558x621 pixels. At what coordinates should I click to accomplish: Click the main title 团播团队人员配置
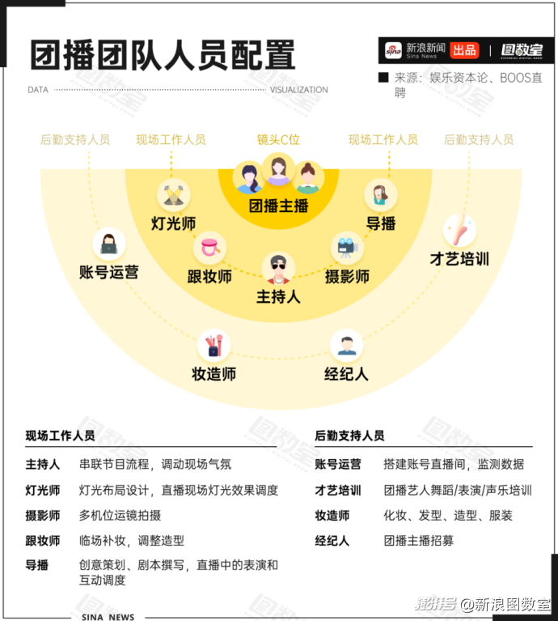(163, 55)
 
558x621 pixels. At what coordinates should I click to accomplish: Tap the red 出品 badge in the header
(464, 50)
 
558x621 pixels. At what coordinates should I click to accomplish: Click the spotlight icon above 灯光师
(173, 195)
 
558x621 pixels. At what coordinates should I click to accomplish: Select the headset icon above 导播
(380, 195)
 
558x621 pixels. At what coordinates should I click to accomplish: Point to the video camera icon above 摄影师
(347, 248)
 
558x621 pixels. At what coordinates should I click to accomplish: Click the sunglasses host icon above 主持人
(278, 268)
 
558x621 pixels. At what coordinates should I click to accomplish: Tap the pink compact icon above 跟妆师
(209, 248)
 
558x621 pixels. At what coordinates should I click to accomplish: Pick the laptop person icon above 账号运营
(108, 244)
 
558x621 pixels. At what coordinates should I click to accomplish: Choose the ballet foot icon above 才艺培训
(459, 231)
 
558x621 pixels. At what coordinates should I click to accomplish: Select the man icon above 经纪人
(346, 346)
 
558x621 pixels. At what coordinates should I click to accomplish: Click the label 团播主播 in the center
(278, 206)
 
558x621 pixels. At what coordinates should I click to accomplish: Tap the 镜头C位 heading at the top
(278, 139)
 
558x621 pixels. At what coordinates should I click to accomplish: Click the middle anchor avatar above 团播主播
(278, 169)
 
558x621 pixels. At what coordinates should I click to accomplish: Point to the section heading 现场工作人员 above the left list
(60, 436)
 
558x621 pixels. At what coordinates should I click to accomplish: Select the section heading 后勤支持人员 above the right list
(349, 436)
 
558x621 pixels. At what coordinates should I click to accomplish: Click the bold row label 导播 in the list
(36, 565)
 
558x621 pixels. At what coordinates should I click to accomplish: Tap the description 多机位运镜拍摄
(120, 515)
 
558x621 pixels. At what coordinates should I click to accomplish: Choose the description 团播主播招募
(419, 541)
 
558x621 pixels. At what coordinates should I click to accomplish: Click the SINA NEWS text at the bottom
(108, 617)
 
